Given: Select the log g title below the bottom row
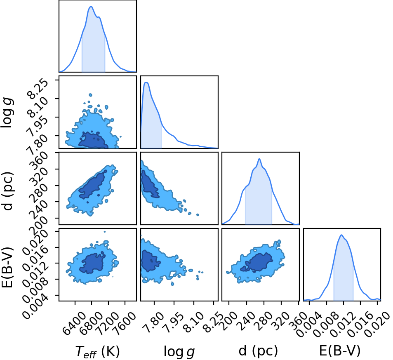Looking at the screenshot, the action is [179, 351].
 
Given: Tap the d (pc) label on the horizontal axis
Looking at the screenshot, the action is [258, 351].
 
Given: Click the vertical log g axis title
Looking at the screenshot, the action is [7, 112].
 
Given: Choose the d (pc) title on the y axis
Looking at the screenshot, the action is [7, 191].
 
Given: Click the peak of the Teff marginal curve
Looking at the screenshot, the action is [91, 7].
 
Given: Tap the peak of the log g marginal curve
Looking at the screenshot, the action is [146, 83].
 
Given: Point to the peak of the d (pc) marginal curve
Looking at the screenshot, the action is [259, 159].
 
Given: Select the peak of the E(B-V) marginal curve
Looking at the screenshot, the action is [341, 235].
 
